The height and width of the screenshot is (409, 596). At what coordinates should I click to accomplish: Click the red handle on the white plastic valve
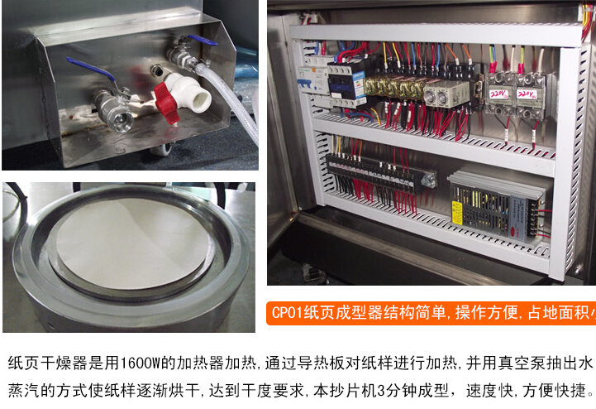pos(167,104)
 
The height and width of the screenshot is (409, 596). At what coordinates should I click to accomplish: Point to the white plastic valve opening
pos(198,98)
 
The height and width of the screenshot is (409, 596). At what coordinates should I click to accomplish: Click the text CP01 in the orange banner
pos(289,313)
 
